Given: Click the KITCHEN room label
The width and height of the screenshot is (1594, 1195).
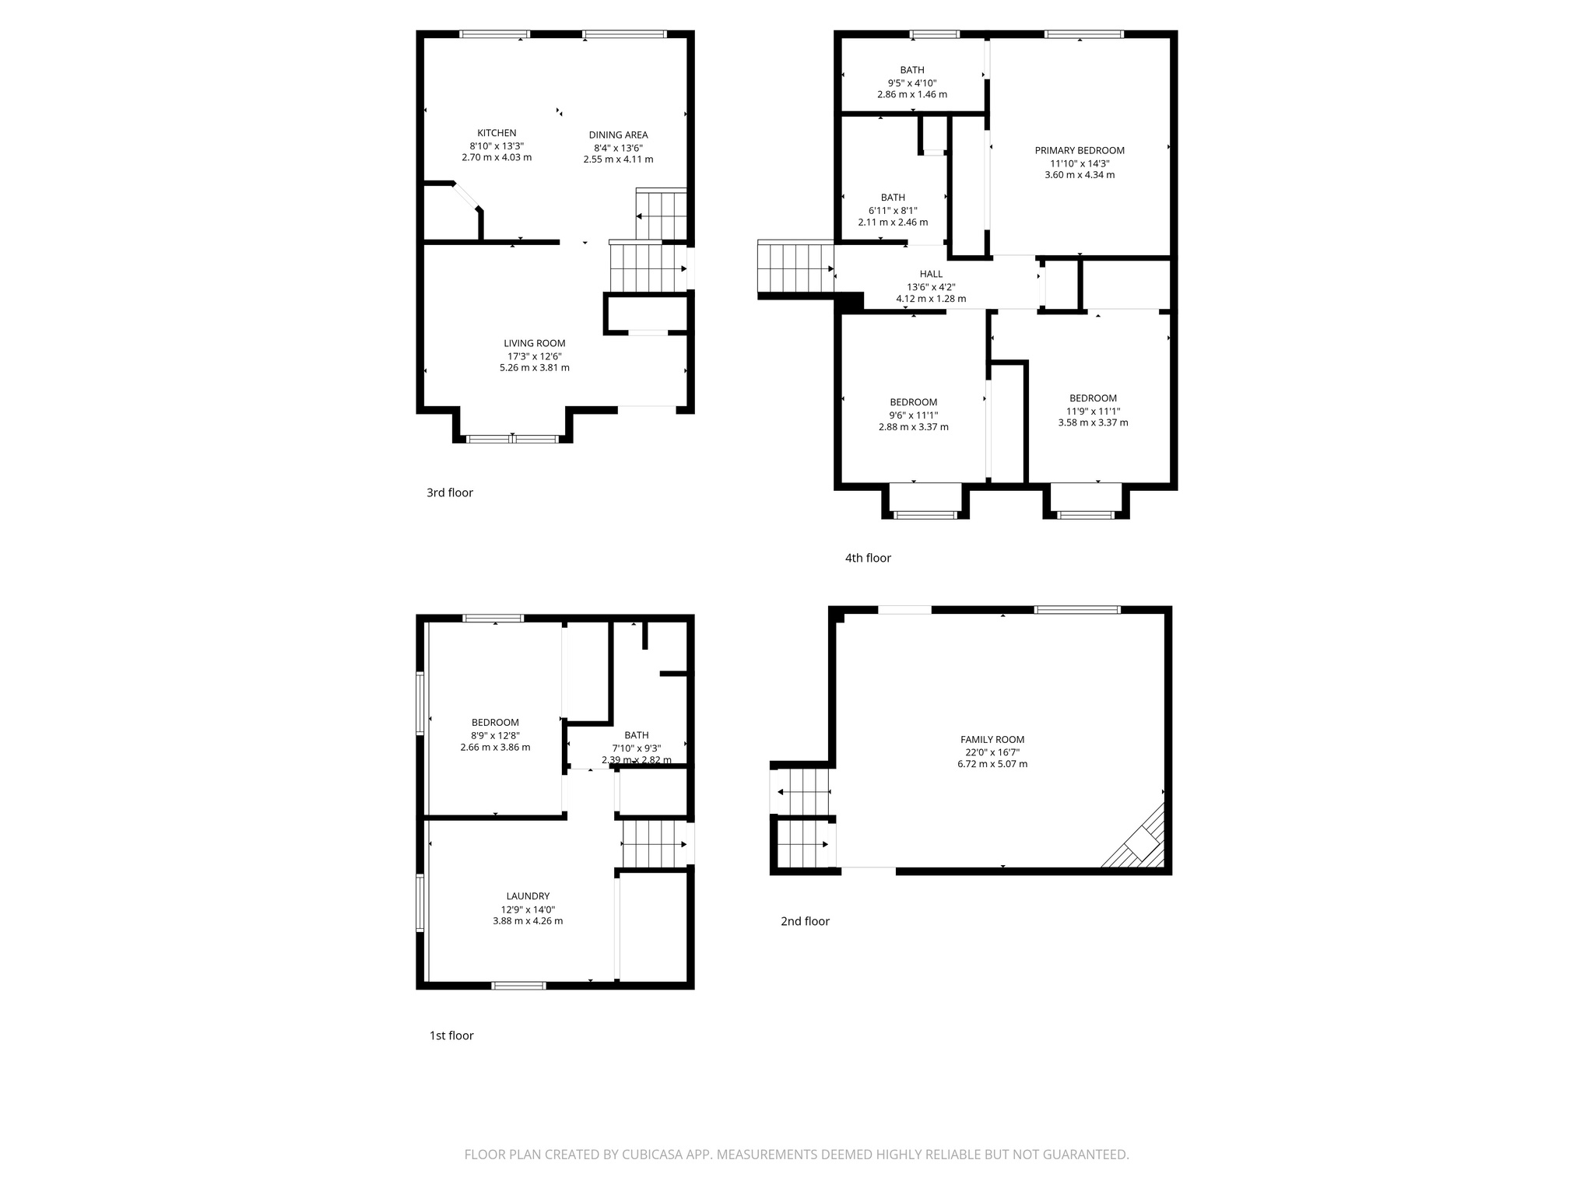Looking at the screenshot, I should pos(497,133).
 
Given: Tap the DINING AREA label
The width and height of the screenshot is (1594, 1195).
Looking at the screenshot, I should pos(618,135).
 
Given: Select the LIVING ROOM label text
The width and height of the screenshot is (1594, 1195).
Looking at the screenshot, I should pos(534,343).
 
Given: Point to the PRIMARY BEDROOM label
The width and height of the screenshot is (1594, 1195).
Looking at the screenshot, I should pos(1080,151).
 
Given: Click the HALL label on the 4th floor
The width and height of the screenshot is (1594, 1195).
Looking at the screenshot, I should pos(931,274).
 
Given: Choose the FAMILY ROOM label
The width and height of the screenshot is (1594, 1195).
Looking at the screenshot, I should pos(992,740).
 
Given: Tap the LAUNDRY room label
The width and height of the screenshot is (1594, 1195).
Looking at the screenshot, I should pos(528,896).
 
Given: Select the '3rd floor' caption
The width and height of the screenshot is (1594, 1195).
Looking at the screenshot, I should pos(450,492).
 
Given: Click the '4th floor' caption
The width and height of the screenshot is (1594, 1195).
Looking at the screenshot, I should pos(868,558).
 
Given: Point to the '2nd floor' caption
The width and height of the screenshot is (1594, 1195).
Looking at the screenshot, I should pos(805,921).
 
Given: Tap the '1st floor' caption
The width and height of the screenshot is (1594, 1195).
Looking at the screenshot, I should pos(451,1036).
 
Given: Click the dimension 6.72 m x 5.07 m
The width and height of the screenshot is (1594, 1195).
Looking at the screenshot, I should pos(992,764).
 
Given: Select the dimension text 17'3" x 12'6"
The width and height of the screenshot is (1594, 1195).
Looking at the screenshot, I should pos(534,356).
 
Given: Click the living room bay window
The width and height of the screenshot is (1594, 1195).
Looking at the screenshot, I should pos(512,439).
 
